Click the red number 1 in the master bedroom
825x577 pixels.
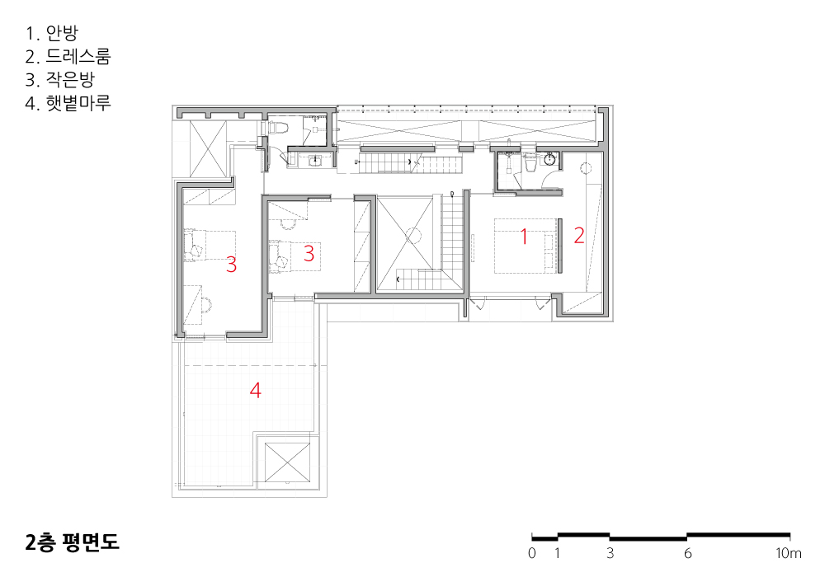click(524, 236)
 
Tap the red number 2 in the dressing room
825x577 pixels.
click(579, 235)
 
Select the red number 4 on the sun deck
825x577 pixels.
click(255, 390)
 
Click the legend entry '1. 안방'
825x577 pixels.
click(51, 33)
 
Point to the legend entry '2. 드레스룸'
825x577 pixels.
click(68, 56)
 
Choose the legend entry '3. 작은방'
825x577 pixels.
click(59, 79)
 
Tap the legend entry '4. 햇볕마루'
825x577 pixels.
click(68, 102)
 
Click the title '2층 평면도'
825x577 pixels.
click(72, 542)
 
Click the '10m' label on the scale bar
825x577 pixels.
click(789, 553)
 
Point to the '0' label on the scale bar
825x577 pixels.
click(532, 553)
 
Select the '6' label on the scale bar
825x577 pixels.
click(688, 553)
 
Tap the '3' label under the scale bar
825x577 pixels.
click(610, 553)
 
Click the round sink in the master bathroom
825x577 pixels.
click(550, 159)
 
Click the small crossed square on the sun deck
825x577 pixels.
click(287, 462)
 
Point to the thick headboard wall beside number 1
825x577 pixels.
click(560, 246)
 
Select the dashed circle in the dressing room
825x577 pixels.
click(586, 168)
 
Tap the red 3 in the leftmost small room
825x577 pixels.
click(232, 265)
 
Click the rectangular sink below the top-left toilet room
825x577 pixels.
click(314, 160)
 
